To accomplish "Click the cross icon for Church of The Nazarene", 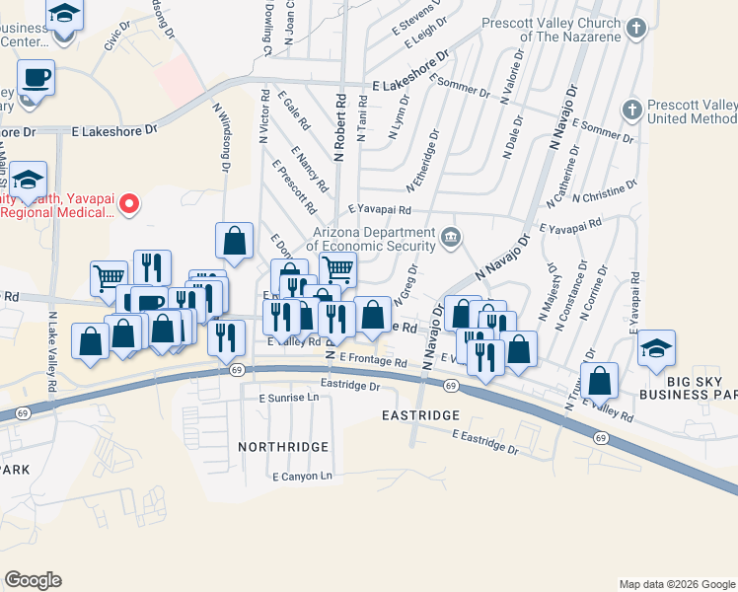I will pyautogui.click(x=637, y=28).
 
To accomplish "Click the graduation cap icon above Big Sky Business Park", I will pyautogui.click(x=657, y=348).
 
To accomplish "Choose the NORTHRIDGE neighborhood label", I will pyautogui.click(x=283, y=447).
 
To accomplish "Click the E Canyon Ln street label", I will pyautogui.click(x=303, y=476).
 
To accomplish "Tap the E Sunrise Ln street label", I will pyautogui.click(x=289, y=398).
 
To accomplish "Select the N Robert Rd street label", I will pyautogui.click(x=339, y=128).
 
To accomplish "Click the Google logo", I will pyautogui.click(x=33, y=580).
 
